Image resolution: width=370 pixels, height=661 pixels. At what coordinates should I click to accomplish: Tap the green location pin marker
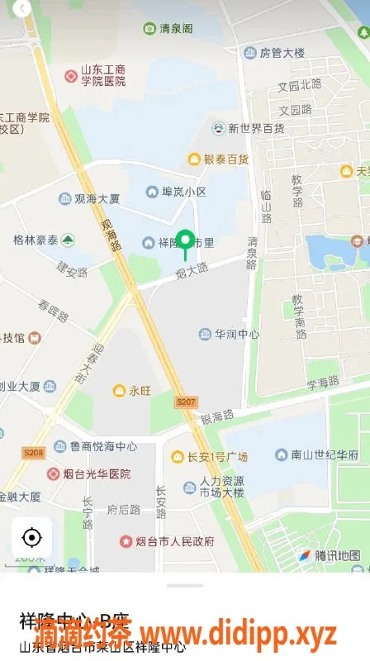(x=187, y=242)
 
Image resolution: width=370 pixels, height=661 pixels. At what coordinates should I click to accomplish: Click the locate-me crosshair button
(x=31, y=538)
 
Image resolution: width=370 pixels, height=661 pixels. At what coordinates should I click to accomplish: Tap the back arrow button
(x=22, y=7)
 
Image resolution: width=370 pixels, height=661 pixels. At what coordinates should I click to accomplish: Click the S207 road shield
(x=187, y=402)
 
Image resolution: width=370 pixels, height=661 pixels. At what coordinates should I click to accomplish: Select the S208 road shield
(x=33, y=452)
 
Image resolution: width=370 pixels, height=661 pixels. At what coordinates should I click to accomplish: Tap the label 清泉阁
(x=175, y=29)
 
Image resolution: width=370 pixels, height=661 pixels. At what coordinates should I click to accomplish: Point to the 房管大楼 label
(x=282, y=53)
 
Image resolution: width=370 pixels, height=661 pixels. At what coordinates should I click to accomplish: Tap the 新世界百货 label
(x=256, y=128)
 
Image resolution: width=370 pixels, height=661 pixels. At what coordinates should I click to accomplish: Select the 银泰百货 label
(x=225, y=159)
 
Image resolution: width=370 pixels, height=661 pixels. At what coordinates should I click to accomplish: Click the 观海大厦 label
(x=97, y=199)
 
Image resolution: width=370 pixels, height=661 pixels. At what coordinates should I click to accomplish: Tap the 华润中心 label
(x=237, y=335)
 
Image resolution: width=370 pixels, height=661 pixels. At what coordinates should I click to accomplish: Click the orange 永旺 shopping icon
(x=119, y=390)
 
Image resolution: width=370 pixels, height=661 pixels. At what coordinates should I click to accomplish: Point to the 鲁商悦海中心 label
(x=102, y=446)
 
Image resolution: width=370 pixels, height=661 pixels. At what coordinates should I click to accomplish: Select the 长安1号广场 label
(x=216, y=457)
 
